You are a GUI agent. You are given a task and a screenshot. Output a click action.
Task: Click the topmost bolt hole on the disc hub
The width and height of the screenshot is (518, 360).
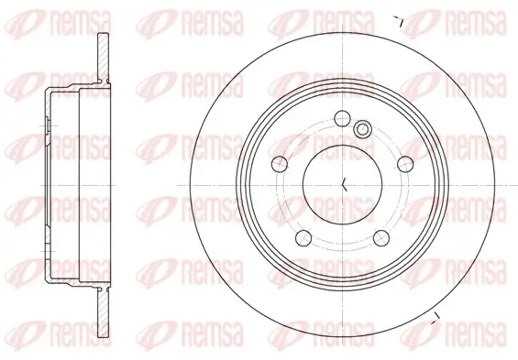tap(341, 117)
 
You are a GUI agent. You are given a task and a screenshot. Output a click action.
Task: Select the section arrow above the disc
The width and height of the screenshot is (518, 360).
tap(399, 19)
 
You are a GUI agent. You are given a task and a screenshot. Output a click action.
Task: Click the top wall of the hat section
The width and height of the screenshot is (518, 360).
tap(69, 90)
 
